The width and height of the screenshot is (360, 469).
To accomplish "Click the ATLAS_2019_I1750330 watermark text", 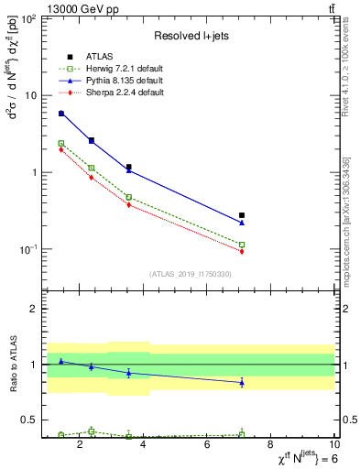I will coord(191,274).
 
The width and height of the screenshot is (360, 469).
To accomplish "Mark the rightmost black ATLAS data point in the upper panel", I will coord(242,215).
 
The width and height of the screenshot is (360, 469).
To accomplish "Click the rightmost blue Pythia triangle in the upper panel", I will coord(242,223).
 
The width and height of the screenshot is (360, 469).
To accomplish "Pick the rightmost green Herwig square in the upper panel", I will coord(242,245).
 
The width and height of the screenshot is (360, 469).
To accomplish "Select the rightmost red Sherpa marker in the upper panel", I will coord(242,251).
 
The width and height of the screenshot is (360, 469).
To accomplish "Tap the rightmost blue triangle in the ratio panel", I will coord(242,382).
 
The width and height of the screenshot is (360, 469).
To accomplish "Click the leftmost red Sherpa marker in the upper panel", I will coord(61,149).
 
